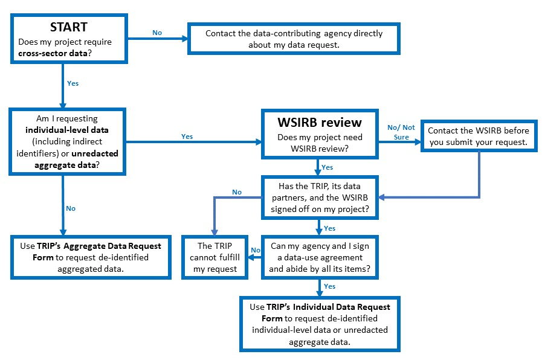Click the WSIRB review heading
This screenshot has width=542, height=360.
point(319,123)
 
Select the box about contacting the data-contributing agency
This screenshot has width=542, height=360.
point(294,38)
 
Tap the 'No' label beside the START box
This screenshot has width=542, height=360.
point(157,33)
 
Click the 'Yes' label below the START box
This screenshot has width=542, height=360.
point(73,83)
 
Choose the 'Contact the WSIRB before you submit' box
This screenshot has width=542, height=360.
point(479,136)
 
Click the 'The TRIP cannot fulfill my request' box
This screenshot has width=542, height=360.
point(215,257)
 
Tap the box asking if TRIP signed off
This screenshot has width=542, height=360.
point(318,197)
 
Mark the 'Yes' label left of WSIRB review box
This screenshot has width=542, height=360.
point(187,137)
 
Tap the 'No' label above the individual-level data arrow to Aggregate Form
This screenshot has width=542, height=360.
point(71,208)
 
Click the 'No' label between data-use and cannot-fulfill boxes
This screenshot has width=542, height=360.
point(255,250)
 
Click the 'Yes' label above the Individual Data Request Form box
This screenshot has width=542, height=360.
point(330,286)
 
